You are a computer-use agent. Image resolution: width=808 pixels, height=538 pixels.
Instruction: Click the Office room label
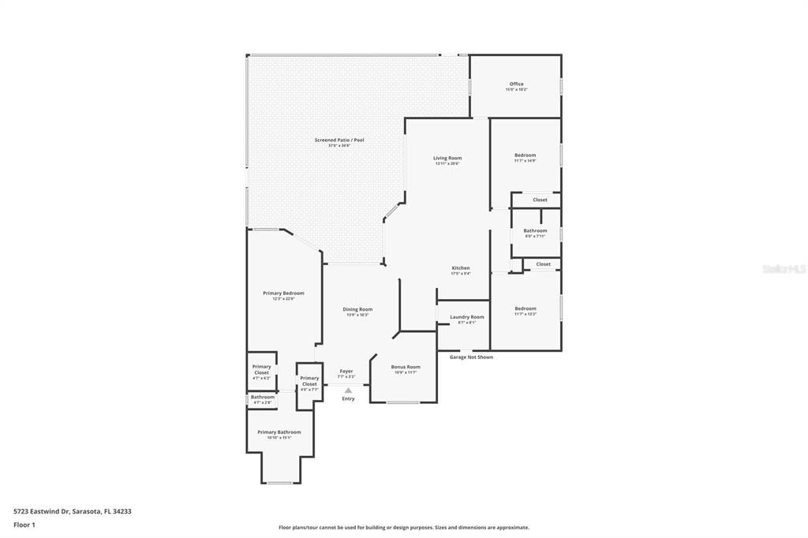click(516, 84)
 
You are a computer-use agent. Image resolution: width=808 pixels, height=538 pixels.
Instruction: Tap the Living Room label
click(447, 159)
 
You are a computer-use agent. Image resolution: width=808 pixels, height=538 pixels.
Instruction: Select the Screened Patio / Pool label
click(339, 140)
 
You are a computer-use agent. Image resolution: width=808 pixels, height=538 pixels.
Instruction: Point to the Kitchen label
click(461, 268)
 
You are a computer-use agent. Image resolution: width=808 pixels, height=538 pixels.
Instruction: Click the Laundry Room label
click(467, 317)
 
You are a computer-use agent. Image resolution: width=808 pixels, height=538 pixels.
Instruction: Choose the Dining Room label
click(357, 309)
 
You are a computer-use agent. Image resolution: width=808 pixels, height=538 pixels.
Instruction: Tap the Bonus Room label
click(406, 367)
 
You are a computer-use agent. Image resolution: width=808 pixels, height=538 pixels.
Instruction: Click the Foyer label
click(346, 371)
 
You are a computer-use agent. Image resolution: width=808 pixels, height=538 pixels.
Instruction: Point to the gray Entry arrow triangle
click(348, 390)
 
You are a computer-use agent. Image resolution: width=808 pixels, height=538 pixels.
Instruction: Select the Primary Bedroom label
click(283, 293)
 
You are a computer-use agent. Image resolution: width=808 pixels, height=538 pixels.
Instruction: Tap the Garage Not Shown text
click(471, 357)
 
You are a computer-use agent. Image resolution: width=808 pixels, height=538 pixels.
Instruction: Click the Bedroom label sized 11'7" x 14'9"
click(525, 155)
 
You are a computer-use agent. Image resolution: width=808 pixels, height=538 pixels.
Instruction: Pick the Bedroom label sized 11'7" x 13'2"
click(525, 308)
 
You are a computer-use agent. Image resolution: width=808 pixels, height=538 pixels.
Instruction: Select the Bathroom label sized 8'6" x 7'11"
click(535, 231)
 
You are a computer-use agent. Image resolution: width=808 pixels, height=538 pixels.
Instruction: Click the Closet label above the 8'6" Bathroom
click(540, 200)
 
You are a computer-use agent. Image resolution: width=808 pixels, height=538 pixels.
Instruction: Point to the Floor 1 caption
click(24, 525)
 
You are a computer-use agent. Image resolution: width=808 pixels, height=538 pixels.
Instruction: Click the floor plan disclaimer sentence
click(403, 528)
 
